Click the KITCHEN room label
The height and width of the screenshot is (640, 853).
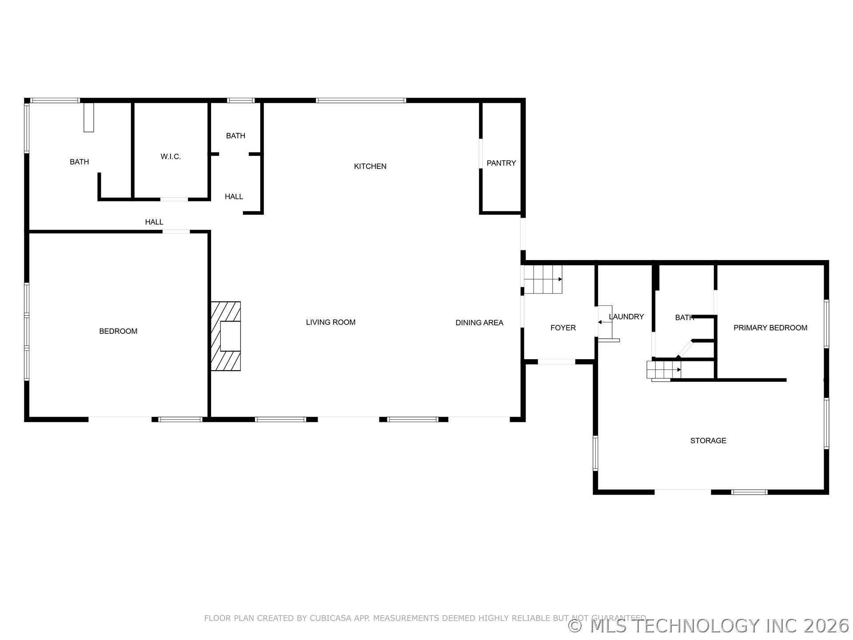pos(370,166)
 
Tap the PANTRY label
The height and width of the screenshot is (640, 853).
pos(501,163)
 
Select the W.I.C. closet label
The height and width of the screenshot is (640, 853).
pos(171,156)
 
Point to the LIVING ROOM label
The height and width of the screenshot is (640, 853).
pos(331,322)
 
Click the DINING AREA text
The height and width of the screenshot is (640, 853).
pos(479,323)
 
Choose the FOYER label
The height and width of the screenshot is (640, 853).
pos(563,328)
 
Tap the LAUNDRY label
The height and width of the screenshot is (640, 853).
pos(626,316)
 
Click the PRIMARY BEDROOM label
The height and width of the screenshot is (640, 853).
pos(770,328)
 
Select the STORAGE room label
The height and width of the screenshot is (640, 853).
pos(708,440)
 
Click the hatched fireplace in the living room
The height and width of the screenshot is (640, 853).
pos(226,336)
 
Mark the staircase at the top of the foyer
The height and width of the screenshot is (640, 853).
pos(543,279)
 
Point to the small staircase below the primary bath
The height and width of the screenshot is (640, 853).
pos(663,370)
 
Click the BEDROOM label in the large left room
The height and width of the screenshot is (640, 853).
pos(118,331)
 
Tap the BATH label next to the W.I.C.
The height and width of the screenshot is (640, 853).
pos(79,162)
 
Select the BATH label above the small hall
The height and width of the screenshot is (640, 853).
pos(235,136)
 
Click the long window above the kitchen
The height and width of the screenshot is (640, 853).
pos(361,100)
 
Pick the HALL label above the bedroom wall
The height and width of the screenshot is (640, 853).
pos(154,222)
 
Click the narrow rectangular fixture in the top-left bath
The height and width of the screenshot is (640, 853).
pos(89,117)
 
